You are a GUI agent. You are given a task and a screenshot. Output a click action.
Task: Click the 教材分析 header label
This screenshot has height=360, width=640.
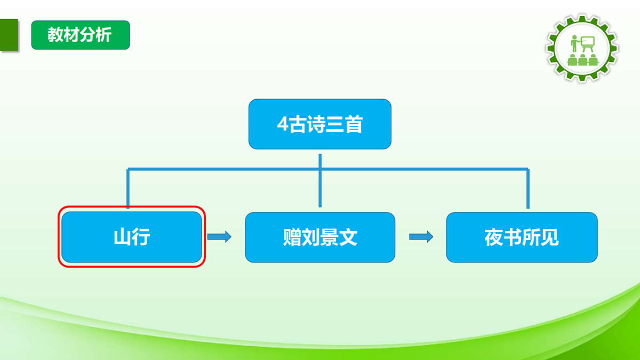click(80, 35)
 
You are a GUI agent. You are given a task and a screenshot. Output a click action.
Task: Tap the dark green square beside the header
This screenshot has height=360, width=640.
click(9, 35)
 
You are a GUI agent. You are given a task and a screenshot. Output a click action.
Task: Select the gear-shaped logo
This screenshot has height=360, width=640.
click(582, 48)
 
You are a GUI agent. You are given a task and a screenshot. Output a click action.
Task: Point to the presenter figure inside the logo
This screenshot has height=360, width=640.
click(574, 44)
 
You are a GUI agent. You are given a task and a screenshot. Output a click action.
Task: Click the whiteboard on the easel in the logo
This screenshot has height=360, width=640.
click(587, 42)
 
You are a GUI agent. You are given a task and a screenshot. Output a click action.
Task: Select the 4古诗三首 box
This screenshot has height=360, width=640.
click(320, 124)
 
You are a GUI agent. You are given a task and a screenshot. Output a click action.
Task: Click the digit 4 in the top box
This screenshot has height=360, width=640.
click(282, 125)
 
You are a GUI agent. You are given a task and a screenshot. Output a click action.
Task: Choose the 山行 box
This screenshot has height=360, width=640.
click(132, 237)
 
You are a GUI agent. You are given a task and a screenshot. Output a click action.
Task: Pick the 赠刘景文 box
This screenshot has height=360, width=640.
click(320, 237)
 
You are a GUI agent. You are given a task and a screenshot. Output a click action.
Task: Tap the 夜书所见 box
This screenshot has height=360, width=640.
click(522, 237)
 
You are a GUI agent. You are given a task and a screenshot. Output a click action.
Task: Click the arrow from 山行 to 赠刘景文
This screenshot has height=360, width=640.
click(219, 237)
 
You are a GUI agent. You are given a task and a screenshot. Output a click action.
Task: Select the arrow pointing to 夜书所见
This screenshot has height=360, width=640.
click(421, 237)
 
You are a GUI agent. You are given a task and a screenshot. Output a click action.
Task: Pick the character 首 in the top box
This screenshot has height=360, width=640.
click(353, 125)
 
